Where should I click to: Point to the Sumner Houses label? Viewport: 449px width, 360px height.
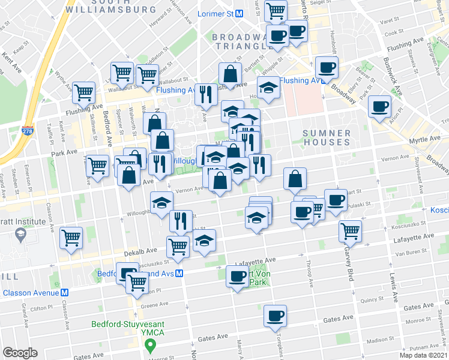[x=326, y=137]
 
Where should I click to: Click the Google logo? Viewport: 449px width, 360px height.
[x=20, y=352]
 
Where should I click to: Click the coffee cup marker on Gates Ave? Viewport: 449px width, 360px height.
[x=275, y=316]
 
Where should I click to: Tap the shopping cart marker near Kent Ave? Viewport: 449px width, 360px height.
[x=83, y=93]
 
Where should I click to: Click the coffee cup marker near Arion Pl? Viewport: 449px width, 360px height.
[x=379, y=107]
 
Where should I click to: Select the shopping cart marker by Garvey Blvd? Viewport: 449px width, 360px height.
[x=350, y=231]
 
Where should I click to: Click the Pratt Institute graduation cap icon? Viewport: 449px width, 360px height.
[x=20, y=233]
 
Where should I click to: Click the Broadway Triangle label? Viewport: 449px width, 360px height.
[x=239, y=41]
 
